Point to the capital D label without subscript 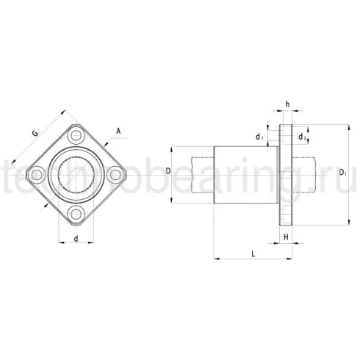point(169,170)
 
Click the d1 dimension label point(259,137)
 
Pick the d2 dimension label point(303,137)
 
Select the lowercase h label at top point(287,103)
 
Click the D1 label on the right point(344,173)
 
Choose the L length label point(252,253)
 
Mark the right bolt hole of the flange point(115,176)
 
